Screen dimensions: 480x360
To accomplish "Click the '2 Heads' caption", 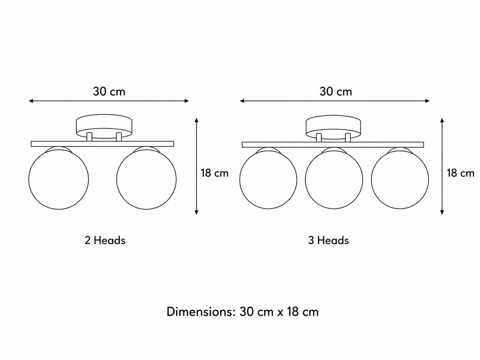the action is pos(105,240).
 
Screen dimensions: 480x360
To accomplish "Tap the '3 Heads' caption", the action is pos(328,240).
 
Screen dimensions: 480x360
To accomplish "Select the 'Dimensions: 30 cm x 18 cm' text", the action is pos(242,312).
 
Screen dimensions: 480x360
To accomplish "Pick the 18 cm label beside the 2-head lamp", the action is pos(215,173).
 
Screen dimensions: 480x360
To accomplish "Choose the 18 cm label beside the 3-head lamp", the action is pos(460,173).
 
